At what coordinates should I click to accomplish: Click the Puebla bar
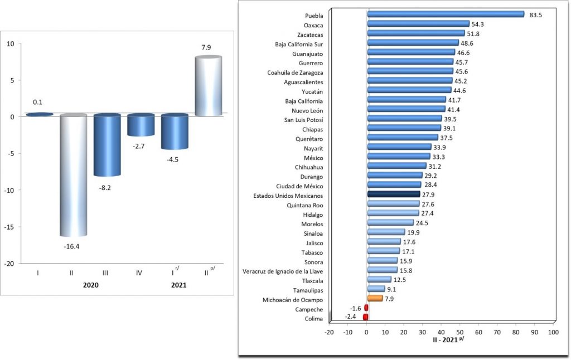445,14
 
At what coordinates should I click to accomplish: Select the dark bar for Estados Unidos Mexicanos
394,194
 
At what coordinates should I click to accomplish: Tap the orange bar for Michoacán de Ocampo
375,298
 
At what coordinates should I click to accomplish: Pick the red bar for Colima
365,317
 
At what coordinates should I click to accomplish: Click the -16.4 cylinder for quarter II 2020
73,176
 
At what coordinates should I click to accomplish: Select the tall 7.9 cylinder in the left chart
207,86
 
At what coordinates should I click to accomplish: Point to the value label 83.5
535,15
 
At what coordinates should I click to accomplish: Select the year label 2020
90,285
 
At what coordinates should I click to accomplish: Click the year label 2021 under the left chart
178,285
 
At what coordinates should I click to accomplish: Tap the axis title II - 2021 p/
448,339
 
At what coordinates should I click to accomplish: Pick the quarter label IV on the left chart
139,273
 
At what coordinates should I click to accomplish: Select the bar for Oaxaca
418,24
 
